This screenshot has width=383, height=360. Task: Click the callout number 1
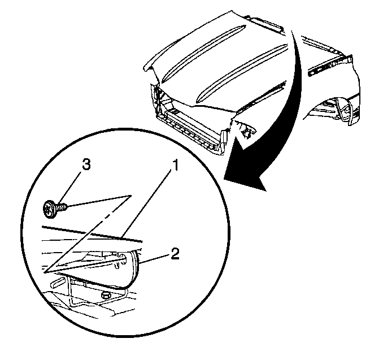175,166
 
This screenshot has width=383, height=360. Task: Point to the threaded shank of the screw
62,207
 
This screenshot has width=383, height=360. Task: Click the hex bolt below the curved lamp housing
106,295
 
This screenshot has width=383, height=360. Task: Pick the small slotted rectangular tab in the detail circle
58,282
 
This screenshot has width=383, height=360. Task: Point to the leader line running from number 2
154,259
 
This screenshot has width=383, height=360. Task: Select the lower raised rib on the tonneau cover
242,73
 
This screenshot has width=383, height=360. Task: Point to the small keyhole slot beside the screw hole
117,266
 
